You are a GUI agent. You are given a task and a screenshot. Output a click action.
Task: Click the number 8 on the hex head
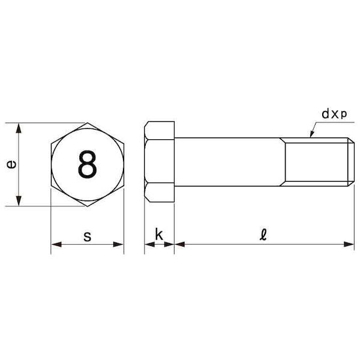[87, 164]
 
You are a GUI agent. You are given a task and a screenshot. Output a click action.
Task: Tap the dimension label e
[11, 164]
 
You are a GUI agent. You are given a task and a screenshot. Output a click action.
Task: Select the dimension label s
[87, 236]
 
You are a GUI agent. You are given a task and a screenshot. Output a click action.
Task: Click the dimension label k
[159, 234]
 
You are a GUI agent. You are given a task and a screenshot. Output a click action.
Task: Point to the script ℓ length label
[263, 234]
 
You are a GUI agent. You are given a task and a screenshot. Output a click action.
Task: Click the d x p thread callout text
[334, 114]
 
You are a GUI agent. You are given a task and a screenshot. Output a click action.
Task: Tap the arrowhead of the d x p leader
[311, 134]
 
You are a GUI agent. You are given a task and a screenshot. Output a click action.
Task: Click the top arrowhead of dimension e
[19, 128]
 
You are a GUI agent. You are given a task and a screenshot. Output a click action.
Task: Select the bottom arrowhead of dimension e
[19, 201]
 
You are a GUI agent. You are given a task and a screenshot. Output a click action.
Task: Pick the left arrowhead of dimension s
[56, 244]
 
